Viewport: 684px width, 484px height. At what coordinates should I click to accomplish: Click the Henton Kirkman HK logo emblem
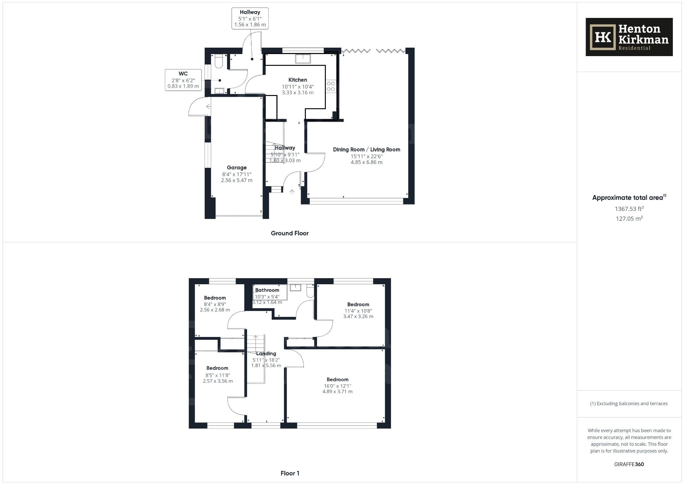tap(603, 37)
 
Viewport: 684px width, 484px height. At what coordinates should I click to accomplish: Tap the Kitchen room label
tap(298, 80)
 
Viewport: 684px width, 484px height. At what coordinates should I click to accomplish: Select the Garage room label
tap(237, 168)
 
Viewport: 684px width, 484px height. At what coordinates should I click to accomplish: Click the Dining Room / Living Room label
tap(366, 149)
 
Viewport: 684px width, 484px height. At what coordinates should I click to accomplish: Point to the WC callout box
tap(183, 80)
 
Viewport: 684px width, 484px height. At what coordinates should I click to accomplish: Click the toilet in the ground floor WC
tap(218, 61)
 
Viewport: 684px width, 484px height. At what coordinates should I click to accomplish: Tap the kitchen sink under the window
tap(303, 59)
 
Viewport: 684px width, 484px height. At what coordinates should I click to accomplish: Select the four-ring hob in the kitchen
tap(331, 86)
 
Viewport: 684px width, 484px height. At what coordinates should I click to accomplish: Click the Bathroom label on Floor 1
tap(267, 290)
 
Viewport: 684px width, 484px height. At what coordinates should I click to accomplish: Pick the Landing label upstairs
tap(266, 354)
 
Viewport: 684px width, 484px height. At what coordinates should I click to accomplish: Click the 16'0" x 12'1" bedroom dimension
tap(337, 386)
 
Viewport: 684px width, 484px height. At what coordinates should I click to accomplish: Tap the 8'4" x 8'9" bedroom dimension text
tap(215, 304)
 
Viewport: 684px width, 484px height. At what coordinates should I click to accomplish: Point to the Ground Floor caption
tap(290, 233)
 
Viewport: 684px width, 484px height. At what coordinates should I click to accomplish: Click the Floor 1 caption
tap(290, 473)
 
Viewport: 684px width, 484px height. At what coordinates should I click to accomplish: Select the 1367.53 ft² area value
tap(629, 209)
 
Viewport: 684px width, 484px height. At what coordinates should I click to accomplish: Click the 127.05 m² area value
tap(629, 219)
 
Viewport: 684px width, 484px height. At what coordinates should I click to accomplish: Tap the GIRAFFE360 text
tap(629, 464)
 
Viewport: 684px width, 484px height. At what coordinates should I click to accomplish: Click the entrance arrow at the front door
tap(292, 192)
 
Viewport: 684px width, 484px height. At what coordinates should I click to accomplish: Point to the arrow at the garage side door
tap(209, 107)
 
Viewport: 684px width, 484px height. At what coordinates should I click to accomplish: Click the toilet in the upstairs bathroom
tap(310, 291)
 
